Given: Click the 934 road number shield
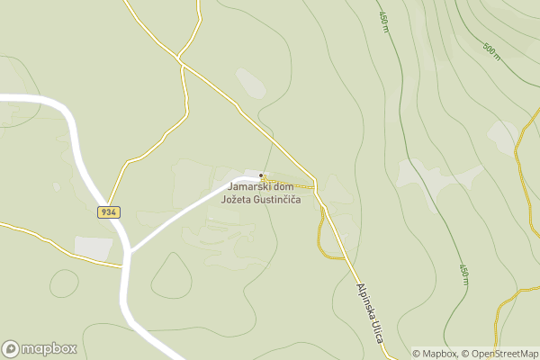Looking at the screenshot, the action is [109, 211].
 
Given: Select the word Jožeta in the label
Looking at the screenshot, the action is [237, 199].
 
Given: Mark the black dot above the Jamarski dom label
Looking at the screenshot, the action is [261, 175].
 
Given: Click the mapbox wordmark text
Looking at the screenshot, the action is [49, 349].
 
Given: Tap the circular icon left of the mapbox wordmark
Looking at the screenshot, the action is [11, 349].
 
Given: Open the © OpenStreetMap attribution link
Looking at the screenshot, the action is [500, 354].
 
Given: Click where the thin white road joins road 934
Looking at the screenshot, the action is [130, 248].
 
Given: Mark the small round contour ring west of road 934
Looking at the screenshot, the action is [64, 283].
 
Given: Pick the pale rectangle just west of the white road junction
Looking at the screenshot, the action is [93, 247].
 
